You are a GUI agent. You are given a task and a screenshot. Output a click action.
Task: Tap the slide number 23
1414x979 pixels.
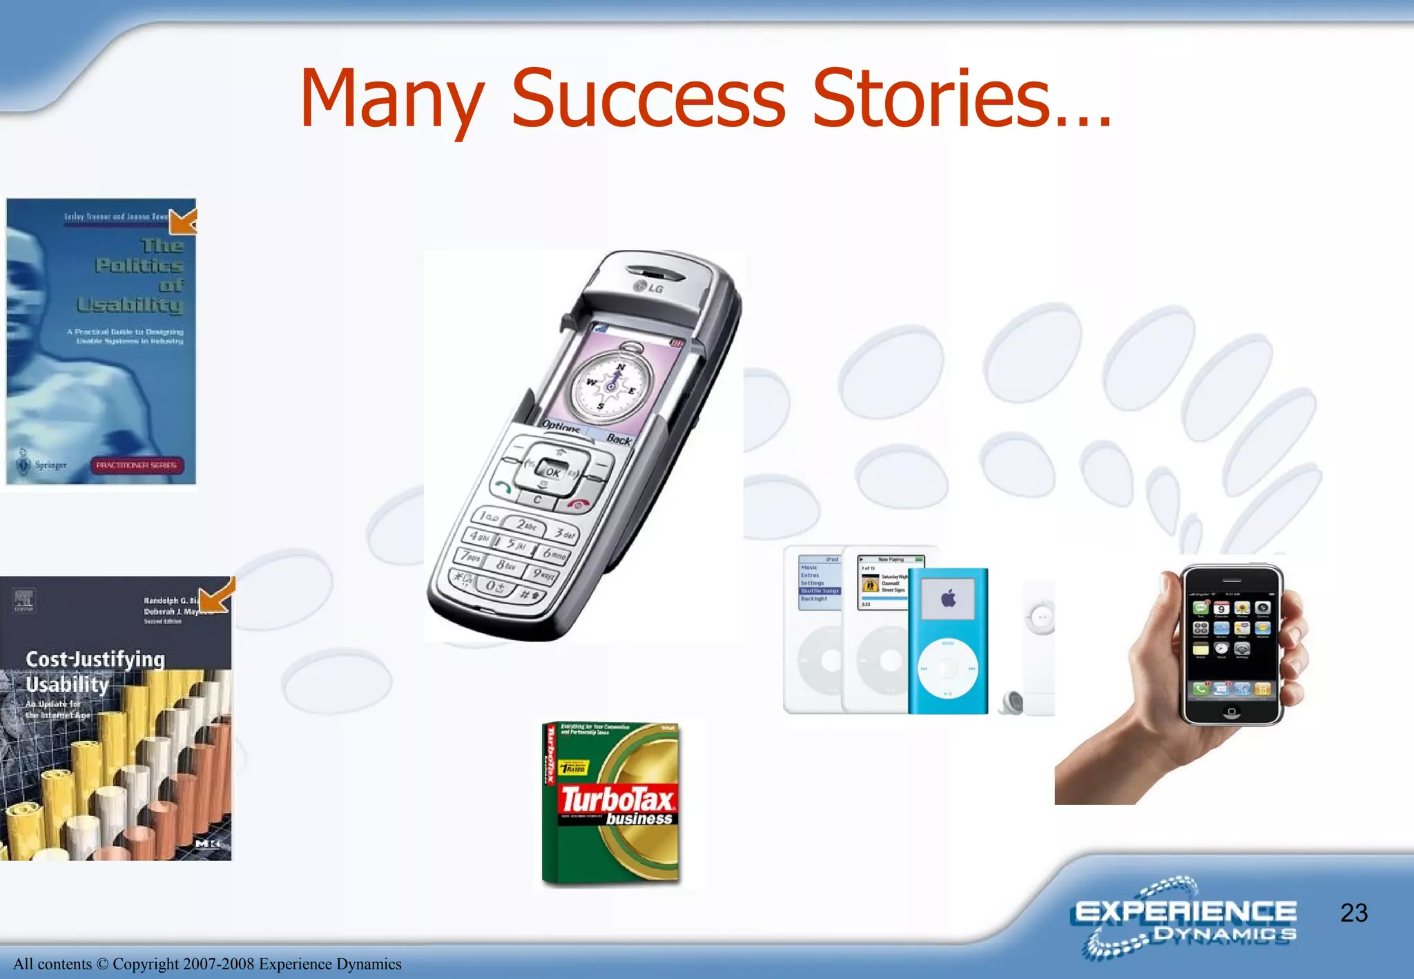click(x=1353, y=913)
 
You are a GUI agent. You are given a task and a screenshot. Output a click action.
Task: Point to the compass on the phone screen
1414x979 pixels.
click(x=611, y=383)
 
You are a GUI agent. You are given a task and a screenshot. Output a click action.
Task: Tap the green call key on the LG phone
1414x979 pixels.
click(x=502, y=487)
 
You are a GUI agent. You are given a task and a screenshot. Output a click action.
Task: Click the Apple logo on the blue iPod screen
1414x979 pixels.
click(x=948, y=599)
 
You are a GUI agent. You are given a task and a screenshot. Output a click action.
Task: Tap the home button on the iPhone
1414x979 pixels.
click(x=1231, y=711)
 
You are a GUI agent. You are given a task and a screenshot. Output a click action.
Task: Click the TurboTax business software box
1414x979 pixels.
click(x=612, y=804)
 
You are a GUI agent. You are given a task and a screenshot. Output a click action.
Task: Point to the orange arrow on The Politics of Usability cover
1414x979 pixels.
click(x=183, y=221)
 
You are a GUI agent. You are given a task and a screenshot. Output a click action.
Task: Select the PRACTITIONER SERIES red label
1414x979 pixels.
click(x=136, y=465)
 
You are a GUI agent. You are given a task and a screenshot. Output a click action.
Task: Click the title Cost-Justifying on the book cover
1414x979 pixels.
click(x=95, y=659)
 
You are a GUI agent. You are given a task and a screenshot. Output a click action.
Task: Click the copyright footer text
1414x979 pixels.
click(x=207, y=964)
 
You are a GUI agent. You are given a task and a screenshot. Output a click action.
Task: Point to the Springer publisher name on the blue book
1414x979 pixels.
click(x=50, y=465)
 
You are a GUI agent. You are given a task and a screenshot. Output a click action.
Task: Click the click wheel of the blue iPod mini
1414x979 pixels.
click(x=948, y=668)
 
